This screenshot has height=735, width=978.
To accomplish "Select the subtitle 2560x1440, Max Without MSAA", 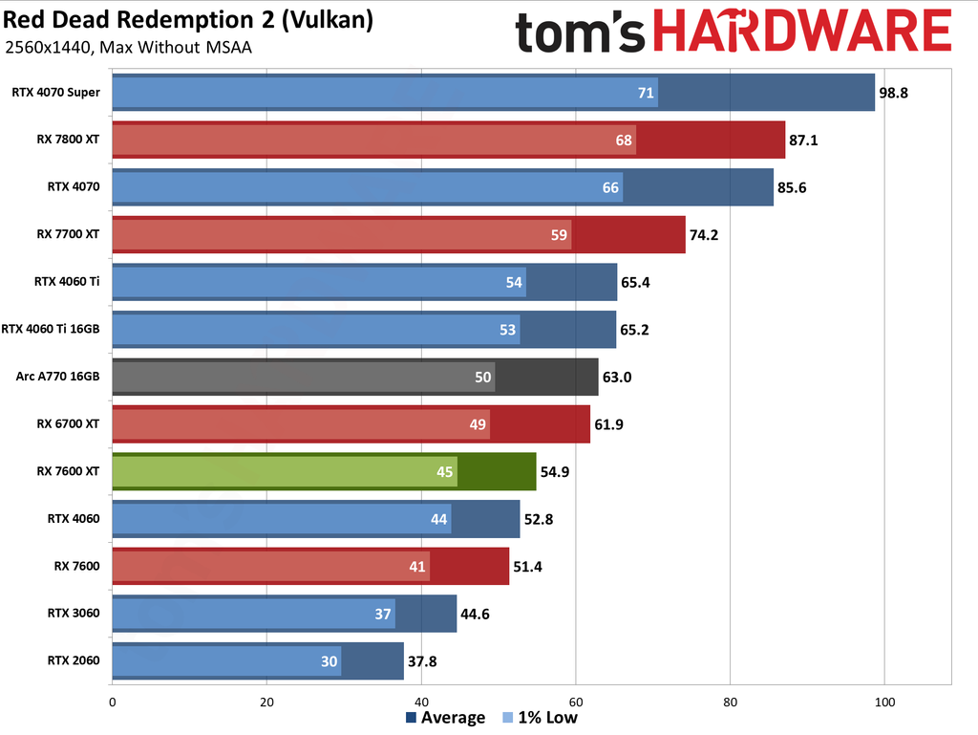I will pos(128,48).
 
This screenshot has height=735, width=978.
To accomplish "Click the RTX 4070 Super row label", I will pos(55,93).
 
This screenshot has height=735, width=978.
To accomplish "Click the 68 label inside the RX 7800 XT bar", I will pos(624,141).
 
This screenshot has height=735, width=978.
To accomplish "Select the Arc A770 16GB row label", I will pos(58,377).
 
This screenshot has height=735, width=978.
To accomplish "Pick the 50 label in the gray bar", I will pos(483,378).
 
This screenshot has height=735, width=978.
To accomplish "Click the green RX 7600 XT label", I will pos(68,471).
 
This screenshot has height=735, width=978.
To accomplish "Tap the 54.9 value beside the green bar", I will pos(556,471).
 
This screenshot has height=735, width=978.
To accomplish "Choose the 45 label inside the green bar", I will pos(445,471).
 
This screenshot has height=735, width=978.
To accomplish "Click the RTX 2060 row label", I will pos(73,660).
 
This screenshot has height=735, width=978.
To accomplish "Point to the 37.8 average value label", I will pos(423,660).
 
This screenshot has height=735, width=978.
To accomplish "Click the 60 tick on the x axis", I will pos(576,703).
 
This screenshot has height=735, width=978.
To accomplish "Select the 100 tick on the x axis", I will pos(884,703).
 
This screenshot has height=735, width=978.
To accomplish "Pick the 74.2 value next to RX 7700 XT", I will pos(705,235).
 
